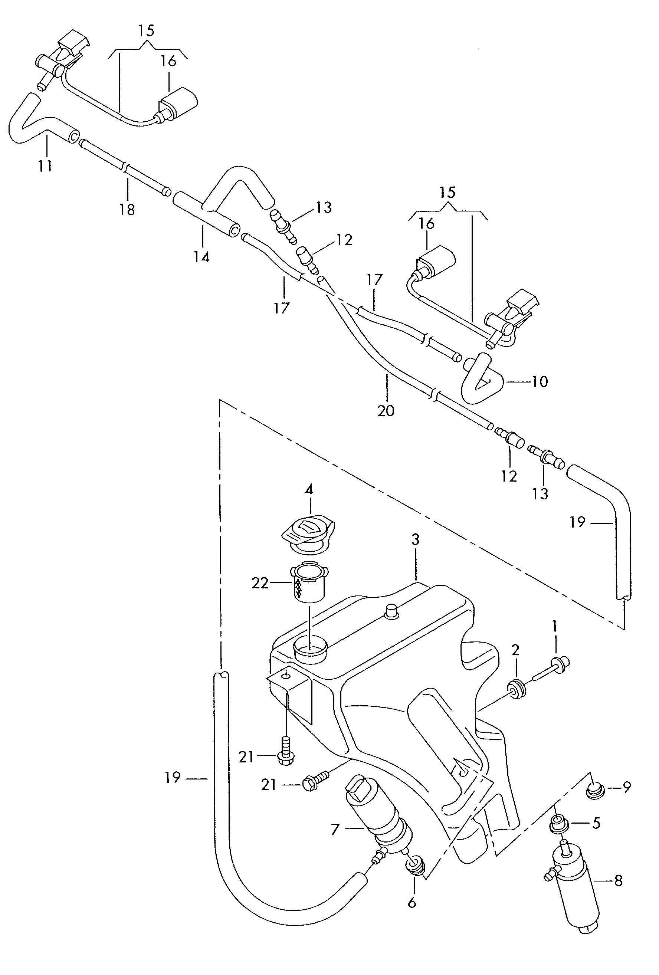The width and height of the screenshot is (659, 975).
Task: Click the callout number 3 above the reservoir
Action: coord(415,539)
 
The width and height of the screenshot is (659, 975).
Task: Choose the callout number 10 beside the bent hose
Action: coord(540,382)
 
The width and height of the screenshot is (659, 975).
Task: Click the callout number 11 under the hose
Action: coord(45,166)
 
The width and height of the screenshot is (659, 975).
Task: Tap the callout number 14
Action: coord(201,257)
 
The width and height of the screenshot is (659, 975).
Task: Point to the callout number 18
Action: coord(127,209)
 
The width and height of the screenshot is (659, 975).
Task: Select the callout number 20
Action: coord(386,410)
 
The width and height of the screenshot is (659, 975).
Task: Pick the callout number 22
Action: coord(260,583)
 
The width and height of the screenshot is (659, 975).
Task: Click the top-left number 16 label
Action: coord(168,62)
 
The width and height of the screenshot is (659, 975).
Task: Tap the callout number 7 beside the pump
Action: coord(335,830)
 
